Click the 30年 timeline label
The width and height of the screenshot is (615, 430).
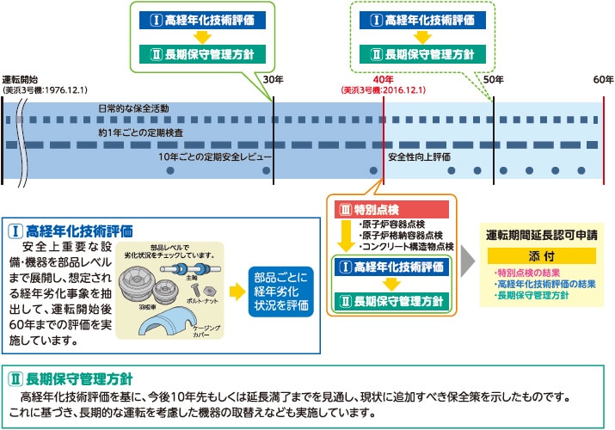273,79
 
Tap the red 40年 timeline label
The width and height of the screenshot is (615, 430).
383,79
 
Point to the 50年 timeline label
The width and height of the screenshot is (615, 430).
493,79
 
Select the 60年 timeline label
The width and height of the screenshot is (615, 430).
603,79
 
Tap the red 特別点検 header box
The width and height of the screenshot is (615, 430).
391,209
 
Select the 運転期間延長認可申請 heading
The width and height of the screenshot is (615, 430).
541,234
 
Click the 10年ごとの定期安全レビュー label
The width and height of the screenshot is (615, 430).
215,157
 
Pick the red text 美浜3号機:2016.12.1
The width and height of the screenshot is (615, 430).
384,89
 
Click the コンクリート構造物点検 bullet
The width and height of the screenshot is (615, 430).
406,247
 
